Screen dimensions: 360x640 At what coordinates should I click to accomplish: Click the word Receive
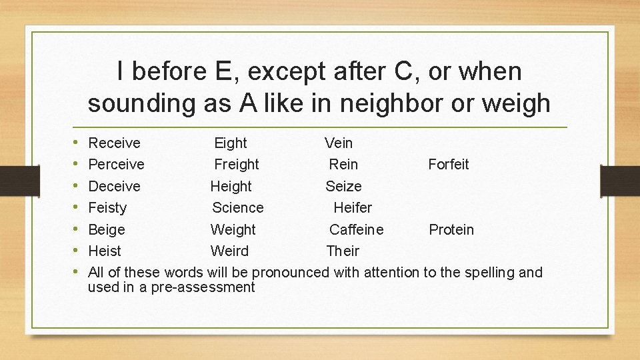(115, 143)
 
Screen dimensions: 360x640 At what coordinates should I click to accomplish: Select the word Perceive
(117, 164)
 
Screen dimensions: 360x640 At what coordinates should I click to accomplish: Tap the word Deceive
(115, 186)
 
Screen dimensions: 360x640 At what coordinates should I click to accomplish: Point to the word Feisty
(107, 208)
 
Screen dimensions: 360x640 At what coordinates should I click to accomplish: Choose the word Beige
(107, 230)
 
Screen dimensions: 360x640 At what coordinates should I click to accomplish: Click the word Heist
(105, 251)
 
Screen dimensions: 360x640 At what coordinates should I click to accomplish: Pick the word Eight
(230, 143)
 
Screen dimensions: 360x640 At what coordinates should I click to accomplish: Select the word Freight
(237, 164)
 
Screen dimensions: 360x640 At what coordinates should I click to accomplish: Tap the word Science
(238, 208)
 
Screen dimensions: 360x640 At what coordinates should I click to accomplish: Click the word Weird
(229, 251)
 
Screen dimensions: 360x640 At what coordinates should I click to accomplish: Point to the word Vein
(339, 143)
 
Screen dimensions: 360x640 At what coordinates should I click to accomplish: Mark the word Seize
(343, 186)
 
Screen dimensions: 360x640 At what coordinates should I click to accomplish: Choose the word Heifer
(353, 208)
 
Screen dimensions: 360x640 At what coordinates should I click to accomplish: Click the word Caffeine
(357, 230)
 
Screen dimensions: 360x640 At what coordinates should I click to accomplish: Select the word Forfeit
(449, 164)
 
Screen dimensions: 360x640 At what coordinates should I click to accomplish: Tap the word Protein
(451, 230)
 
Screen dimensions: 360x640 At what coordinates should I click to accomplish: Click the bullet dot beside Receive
(78, 143)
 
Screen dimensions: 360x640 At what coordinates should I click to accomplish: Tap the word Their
(343, 251)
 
